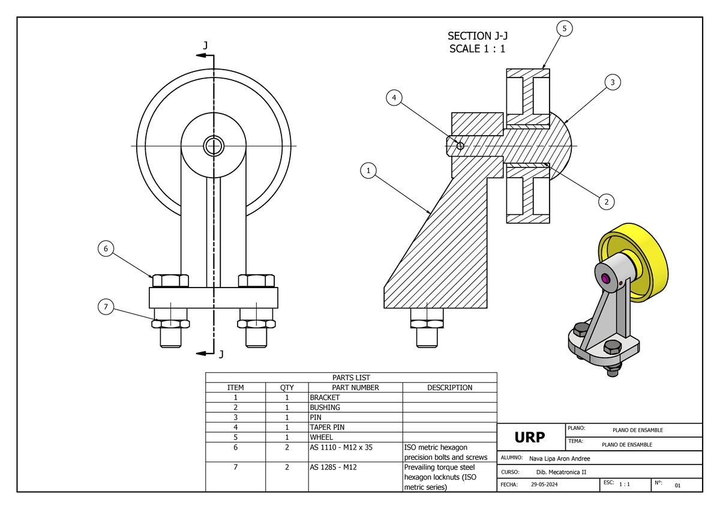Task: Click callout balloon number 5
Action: pyautogui.click(x=564, y=28)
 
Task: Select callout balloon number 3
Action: pyautogui.click(x=612, y=83)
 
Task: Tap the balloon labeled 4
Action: pyautogui.click(x=394, y=98)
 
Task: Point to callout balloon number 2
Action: pyautogui.click(x=607, y=202)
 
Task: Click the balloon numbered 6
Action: pyautogui.click(x=106, y=248)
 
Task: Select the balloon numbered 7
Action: pyautogui.click(x=106, y=307)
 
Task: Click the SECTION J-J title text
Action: pyautogui.click(x=478, y=37)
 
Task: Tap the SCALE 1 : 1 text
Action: pyautogui.click(x=478, y=49)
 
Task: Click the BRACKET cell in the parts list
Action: pyautogui.click(x=325, y=397)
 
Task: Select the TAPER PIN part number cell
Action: pyautogui.click(x=327, y=427)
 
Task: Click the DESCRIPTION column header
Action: pyautogui.click(x=449, y=388)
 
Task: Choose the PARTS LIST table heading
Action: pyautogui.click(x=351, y=378)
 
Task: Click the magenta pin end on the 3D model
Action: pyautogui.click(x=606, y=279)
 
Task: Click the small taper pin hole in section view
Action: pyautogui.click(x=460, y=145)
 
